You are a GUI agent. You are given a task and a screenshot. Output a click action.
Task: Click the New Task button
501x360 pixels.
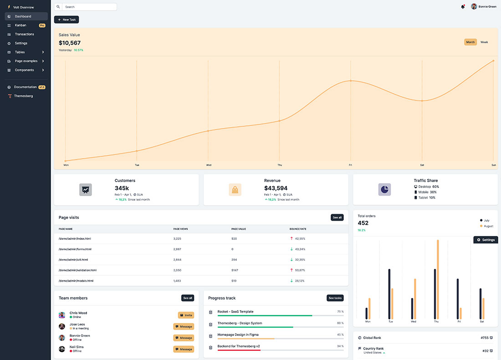(x=66, y=20)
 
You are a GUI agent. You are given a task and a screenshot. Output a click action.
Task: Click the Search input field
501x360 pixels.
(x=89, y=7)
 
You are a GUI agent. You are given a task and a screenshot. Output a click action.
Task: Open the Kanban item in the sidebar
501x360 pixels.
(x=20, y=25)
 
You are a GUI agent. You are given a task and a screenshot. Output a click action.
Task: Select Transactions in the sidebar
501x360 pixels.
(x=24, y=34)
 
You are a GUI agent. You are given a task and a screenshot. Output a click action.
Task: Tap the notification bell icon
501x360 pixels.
(x=463, y=7)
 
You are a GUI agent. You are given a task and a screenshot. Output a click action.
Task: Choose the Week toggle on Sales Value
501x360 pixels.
(x=484, y=42)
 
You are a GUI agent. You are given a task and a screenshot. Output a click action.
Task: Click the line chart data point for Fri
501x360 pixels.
(x=351, y=81)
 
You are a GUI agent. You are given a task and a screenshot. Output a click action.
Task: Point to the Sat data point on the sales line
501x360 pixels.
(x=422, y=101)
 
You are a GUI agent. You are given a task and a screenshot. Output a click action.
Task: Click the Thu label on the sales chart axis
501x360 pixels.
(x=280, y=165)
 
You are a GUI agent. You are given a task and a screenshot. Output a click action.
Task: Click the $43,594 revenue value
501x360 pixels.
(x=276, y=188)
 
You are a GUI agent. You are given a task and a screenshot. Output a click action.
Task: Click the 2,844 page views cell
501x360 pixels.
(x=177, y=259)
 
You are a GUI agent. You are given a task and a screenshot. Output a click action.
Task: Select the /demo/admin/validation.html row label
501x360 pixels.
(x=77, y=270)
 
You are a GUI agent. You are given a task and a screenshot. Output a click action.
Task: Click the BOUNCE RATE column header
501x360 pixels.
(x=298, y=229)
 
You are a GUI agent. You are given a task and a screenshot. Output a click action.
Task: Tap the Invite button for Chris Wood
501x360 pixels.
(x=186, y=315)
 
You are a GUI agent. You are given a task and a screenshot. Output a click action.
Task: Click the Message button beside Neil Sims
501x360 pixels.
(x=184, y=349)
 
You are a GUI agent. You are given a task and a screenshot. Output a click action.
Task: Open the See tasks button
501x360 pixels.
(x=335, y=298)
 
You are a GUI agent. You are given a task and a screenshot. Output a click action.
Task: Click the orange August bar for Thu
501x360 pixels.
(x=438, y=279)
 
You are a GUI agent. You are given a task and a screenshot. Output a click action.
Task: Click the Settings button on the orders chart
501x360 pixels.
(x=486, y=240)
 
